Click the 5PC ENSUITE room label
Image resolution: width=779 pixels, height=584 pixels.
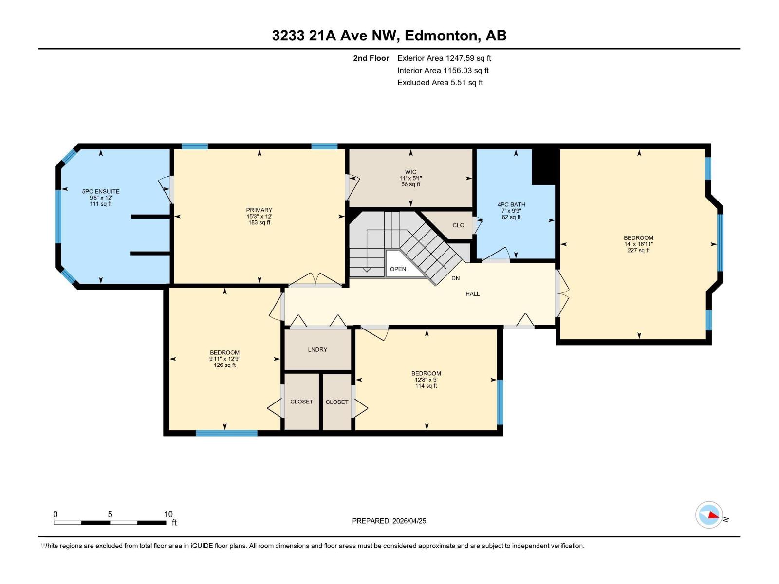point(101,192)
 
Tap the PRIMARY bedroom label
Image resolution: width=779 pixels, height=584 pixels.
point(259,211)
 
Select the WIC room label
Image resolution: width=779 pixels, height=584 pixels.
point(410,172)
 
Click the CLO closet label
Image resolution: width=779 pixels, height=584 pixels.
point(458,225)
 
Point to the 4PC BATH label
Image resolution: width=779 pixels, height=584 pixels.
point(511,205)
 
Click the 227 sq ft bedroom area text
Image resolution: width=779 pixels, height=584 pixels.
point(638,250)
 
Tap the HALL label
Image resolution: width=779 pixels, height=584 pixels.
point(472,294)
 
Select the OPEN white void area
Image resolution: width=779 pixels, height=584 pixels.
point(398,269)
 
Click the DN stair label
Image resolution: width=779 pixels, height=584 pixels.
point(455,278)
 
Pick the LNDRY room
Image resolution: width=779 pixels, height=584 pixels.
point(317,350)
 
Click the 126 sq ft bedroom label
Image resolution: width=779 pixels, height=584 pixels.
point(224,365)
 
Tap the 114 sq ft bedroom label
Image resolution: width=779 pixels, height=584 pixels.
point(426,386)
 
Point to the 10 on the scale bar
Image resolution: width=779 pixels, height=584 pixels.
point(168,514)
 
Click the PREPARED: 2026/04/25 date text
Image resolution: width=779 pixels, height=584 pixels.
point(389,521)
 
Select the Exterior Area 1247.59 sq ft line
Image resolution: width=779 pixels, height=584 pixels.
point(444,58)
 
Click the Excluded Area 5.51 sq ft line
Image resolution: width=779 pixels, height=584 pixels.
point(440,83)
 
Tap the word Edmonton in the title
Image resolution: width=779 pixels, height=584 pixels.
point(440,36)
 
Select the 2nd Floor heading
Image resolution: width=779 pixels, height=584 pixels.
point(371,58)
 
